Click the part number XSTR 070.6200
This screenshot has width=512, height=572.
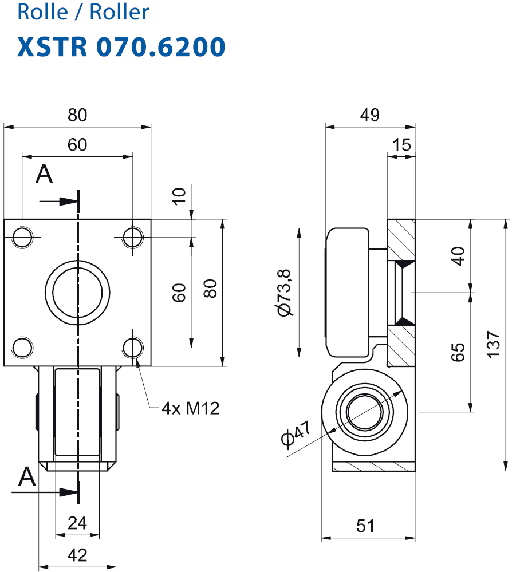click(x=121, y=47)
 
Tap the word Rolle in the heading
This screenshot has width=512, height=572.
click(x=43, y=12)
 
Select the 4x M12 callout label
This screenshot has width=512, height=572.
click(x=191, y=408)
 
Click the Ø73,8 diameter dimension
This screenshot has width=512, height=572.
click(x=285, y=293)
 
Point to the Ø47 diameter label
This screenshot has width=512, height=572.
click(x=296, y=434)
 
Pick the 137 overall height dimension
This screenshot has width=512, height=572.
click(x=493, y=344)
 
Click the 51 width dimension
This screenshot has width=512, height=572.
click(x=365, y=526)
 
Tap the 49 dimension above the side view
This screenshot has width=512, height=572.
click(x=369, y=115)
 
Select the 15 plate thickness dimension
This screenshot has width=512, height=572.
click(x=401, y=145)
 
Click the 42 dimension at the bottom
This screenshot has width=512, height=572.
click(x=77, y=555)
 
